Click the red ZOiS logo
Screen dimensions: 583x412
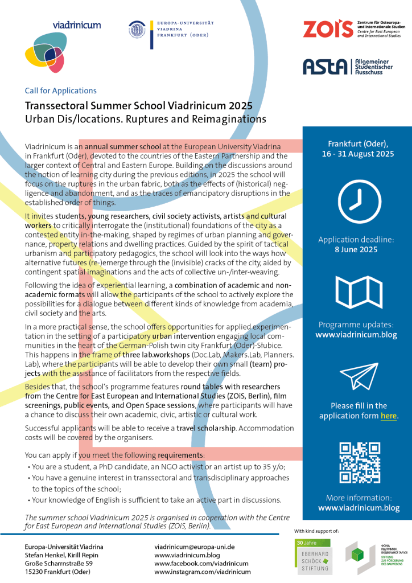328,28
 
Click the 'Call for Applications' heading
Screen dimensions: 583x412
60,91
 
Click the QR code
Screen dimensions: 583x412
357,462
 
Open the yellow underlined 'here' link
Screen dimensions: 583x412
389,416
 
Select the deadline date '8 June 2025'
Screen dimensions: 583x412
357,249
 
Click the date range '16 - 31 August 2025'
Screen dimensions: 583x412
357,154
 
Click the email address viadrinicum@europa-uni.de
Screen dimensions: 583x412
195,547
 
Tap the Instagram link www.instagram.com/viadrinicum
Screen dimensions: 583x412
202,572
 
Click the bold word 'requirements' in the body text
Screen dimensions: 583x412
180,455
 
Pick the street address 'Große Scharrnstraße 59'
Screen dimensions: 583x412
59,563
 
